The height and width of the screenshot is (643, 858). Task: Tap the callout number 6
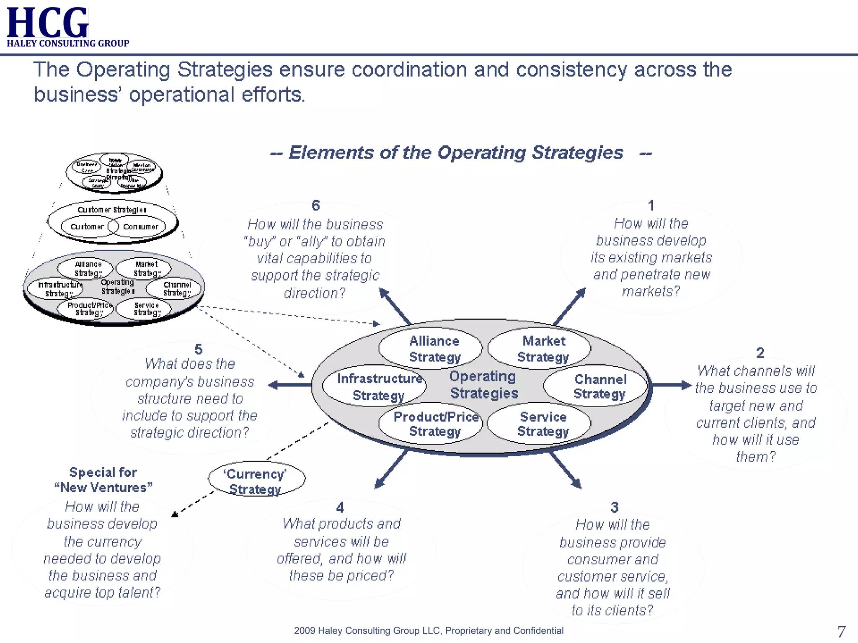[x=315, y=206]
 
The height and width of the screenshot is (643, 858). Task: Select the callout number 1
[x=651, y=206]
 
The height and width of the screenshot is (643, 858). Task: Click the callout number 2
[x=760, y=353]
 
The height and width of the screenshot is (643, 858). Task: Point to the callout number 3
[x=614, y=507]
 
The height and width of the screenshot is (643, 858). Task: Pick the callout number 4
[x=340, y=507]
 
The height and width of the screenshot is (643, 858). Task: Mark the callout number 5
[x=199, y=349]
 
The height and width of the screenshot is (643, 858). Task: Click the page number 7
[x=841, y=631]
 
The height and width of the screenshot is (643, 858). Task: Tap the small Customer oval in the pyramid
[x=87, y=226]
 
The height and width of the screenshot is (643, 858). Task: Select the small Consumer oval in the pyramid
[x=141, y=226]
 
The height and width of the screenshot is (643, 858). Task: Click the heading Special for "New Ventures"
[x=103, y=480]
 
